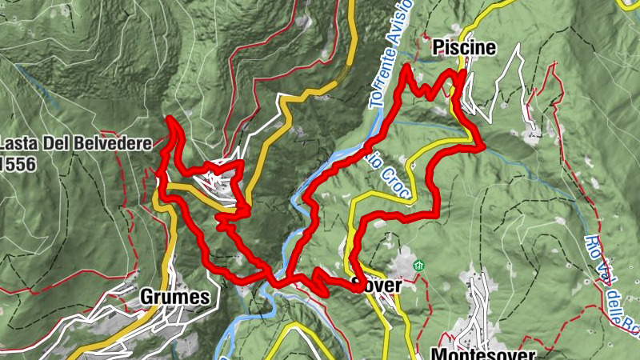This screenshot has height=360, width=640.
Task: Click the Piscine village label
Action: [463, 48]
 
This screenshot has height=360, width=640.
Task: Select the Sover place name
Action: [377, 286]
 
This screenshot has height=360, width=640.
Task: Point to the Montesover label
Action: [482, 353]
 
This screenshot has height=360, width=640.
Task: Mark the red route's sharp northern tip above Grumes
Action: [170, 119]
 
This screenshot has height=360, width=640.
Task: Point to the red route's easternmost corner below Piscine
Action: [483, 146]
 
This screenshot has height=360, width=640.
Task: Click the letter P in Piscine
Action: [438, 48]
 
